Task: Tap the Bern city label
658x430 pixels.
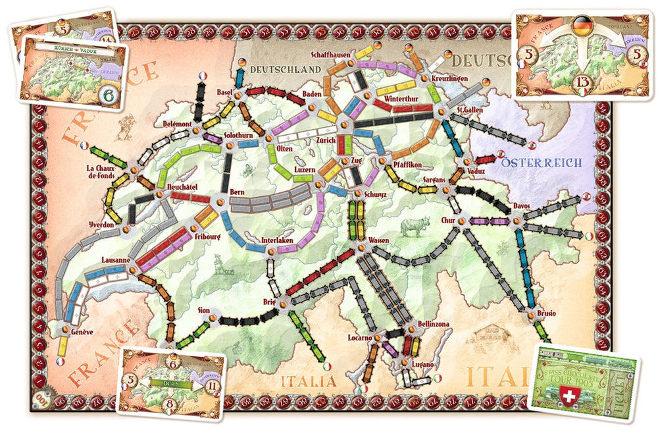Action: pyautogui.click(x=238, y=192)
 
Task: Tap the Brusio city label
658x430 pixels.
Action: pyautogui.click(x=545, y=313)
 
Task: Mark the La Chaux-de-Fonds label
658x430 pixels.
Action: pyautogui.click(x=100, y=172)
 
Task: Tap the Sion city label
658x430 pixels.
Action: pyautogui.click(x=204, y=309)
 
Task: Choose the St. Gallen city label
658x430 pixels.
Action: pyautogui.click(x=468, y=109)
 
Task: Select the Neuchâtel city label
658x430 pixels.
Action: pyautogui.click(x=174, y=186)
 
